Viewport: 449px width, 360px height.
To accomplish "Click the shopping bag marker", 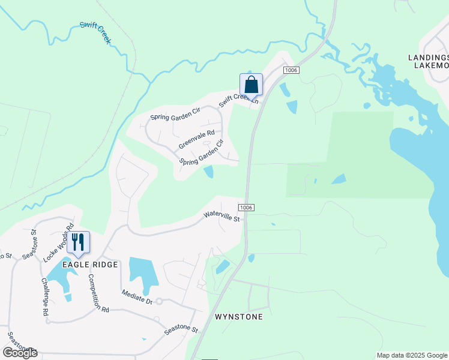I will coord(251,85).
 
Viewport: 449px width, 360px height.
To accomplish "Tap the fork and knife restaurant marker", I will coord(78,242).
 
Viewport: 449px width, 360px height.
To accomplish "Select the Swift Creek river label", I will coord(95,33).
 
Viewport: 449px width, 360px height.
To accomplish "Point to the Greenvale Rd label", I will coord(196,140).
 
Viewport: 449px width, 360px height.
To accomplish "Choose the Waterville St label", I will coord(221,216).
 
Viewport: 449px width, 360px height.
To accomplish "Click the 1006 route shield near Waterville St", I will coord(246,208).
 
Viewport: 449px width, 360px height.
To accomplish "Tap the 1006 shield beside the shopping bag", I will coord(290,71).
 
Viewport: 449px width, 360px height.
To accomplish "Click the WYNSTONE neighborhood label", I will coord(239,317).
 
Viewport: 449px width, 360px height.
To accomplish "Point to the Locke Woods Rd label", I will coord(58,243).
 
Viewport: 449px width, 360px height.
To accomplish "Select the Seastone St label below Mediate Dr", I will coord(181,328).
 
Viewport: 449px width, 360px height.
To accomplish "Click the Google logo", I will coord(20,353).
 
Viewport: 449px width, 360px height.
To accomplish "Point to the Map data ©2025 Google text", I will coord(411,355).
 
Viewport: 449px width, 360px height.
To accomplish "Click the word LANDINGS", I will coord(428,57).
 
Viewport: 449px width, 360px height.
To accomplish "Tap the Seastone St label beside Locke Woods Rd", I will coord(29,244).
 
